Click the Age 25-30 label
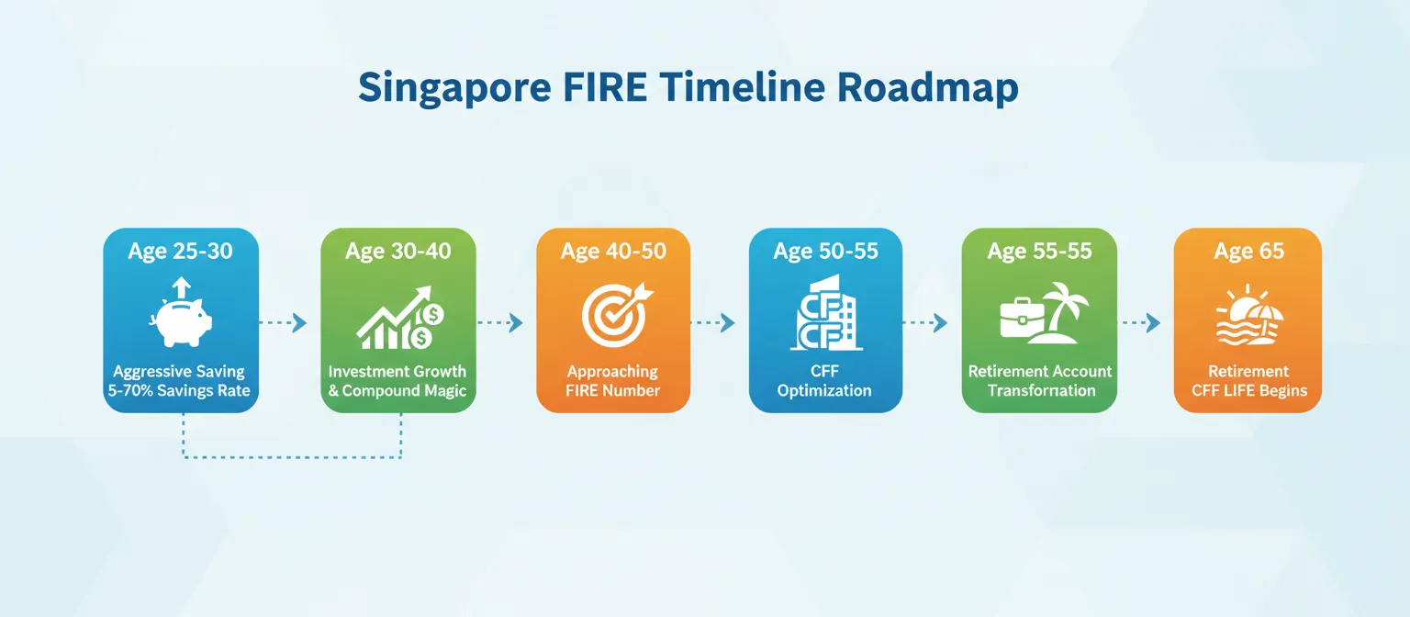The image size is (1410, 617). tap(181, 252)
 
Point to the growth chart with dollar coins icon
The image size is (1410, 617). tap(398, 319)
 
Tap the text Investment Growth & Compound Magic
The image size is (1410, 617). tap(398, 381)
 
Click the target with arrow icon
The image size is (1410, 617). tap(612, 319)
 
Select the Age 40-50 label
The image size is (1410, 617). tap(613, 252)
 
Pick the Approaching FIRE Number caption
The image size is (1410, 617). tap(612, 381)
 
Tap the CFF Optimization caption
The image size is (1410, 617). tap(824, 381)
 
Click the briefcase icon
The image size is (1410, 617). tap(1021, 320)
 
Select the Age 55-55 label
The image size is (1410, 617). tap(1039, 252)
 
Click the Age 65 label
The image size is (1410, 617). tap(1248, 252)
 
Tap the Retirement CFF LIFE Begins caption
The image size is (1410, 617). tap(1248, 381)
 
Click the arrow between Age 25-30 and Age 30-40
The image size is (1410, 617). tap(285, 322)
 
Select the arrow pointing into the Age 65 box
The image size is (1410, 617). tap(1141, 322)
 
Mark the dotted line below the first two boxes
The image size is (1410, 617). tap(293, 456)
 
